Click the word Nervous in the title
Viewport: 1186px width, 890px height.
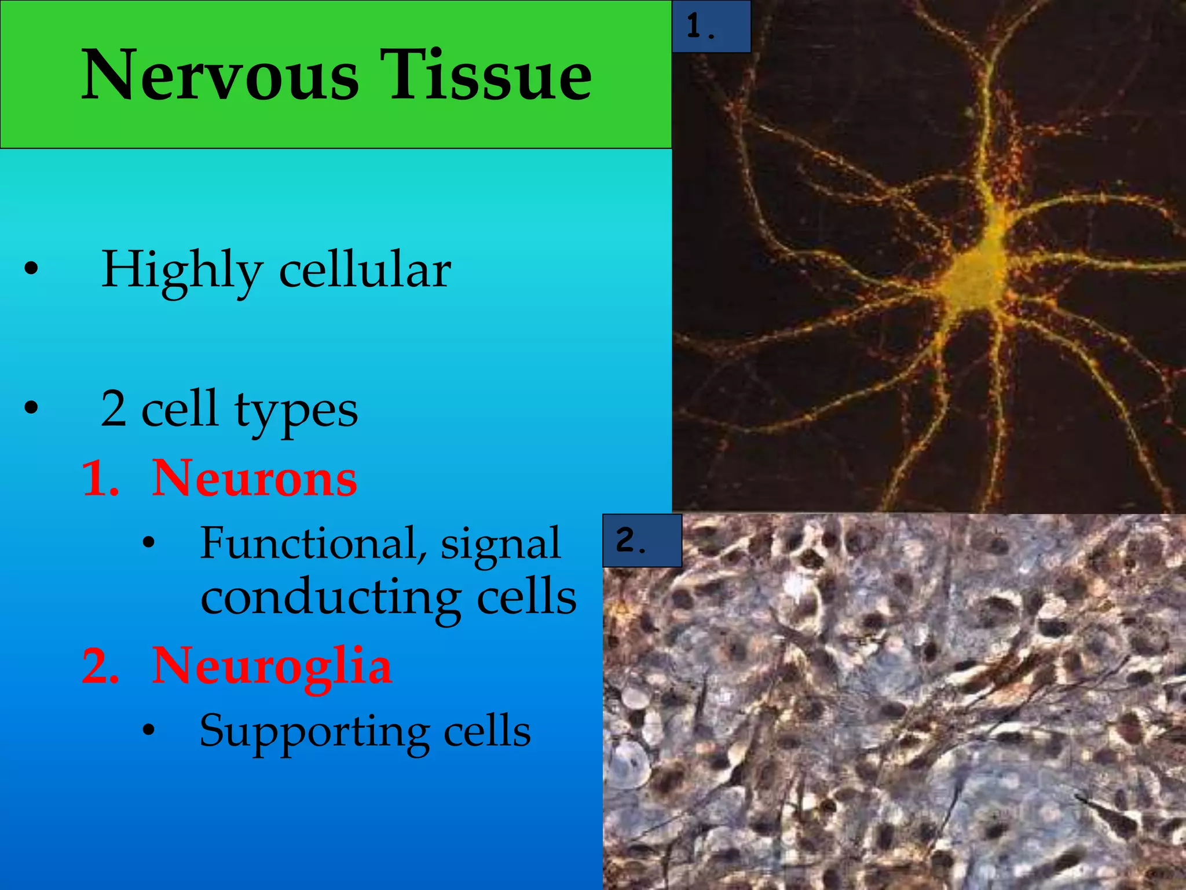(x=220, y=75)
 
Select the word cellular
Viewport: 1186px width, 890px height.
(x=365, y=270)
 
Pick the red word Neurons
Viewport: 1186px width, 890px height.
(x=254, y=479)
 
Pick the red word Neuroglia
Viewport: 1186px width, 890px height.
(x=272, y=666)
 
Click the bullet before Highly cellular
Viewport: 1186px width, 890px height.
(x=31, y=269)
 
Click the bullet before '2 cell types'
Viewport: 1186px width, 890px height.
(x=31, y=409)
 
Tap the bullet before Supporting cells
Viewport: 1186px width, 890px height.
(x=149, y=730)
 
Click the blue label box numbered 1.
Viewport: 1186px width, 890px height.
(x=711, y=27)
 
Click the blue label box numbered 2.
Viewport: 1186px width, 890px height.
(x=642, y=540)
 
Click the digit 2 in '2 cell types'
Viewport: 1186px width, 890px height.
(x=114, y=409)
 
